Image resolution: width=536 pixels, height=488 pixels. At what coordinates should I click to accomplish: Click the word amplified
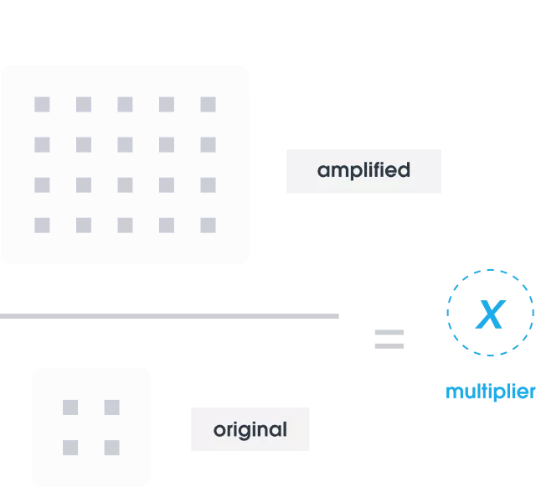click(363, 170)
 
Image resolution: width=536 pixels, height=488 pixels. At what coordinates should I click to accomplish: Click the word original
click(250, 430)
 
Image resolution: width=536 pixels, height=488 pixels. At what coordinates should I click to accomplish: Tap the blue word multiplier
click(490, 392)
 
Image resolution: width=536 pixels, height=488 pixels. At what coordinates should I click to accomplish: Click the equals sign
click(389, 338)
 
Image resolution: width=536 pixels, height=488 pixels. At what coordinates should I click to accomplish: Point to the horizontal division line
click(170, 315)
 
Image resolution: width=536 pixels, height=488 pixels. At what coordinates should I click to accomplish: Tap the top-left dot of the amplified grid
click(42, 105)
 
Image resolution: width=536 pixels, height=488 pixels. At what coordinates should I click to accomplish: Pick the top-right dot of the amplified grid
click(208, 105)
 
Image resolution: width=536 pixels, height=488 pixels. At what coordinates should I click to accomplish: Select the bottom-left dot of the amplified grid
click(42, 225)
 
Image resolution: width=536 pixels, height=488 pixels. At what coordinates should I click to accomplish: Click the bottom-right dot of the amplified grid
click(208, 225)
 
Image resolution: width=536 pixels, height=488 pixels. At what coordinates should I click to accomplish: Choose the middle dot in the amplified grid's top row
click(125, 105)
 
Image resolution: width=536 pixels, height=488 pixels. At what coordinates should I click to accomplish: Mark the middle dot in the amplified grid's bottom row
click(125, 225)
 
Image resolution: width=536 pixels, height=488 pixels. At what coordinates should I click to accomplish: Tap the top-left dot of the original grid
click(71, 407)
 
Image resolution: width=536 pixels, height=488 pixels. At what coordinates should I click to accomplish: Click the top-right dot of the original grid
click(111, 407)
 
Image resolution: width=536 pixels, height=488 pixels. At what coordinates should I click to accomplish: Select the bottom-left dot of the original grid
click(71, 447)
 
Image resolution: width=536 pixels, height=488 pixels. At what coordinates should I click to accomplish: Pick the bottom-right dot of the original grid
click(111, 447)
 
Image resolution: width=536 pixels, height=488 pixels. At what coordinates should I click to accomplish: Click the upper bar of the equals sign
click(389, 331)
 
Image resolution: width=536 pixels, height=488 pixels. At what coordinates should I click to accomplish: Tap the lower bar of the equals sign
click(389, 345)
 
